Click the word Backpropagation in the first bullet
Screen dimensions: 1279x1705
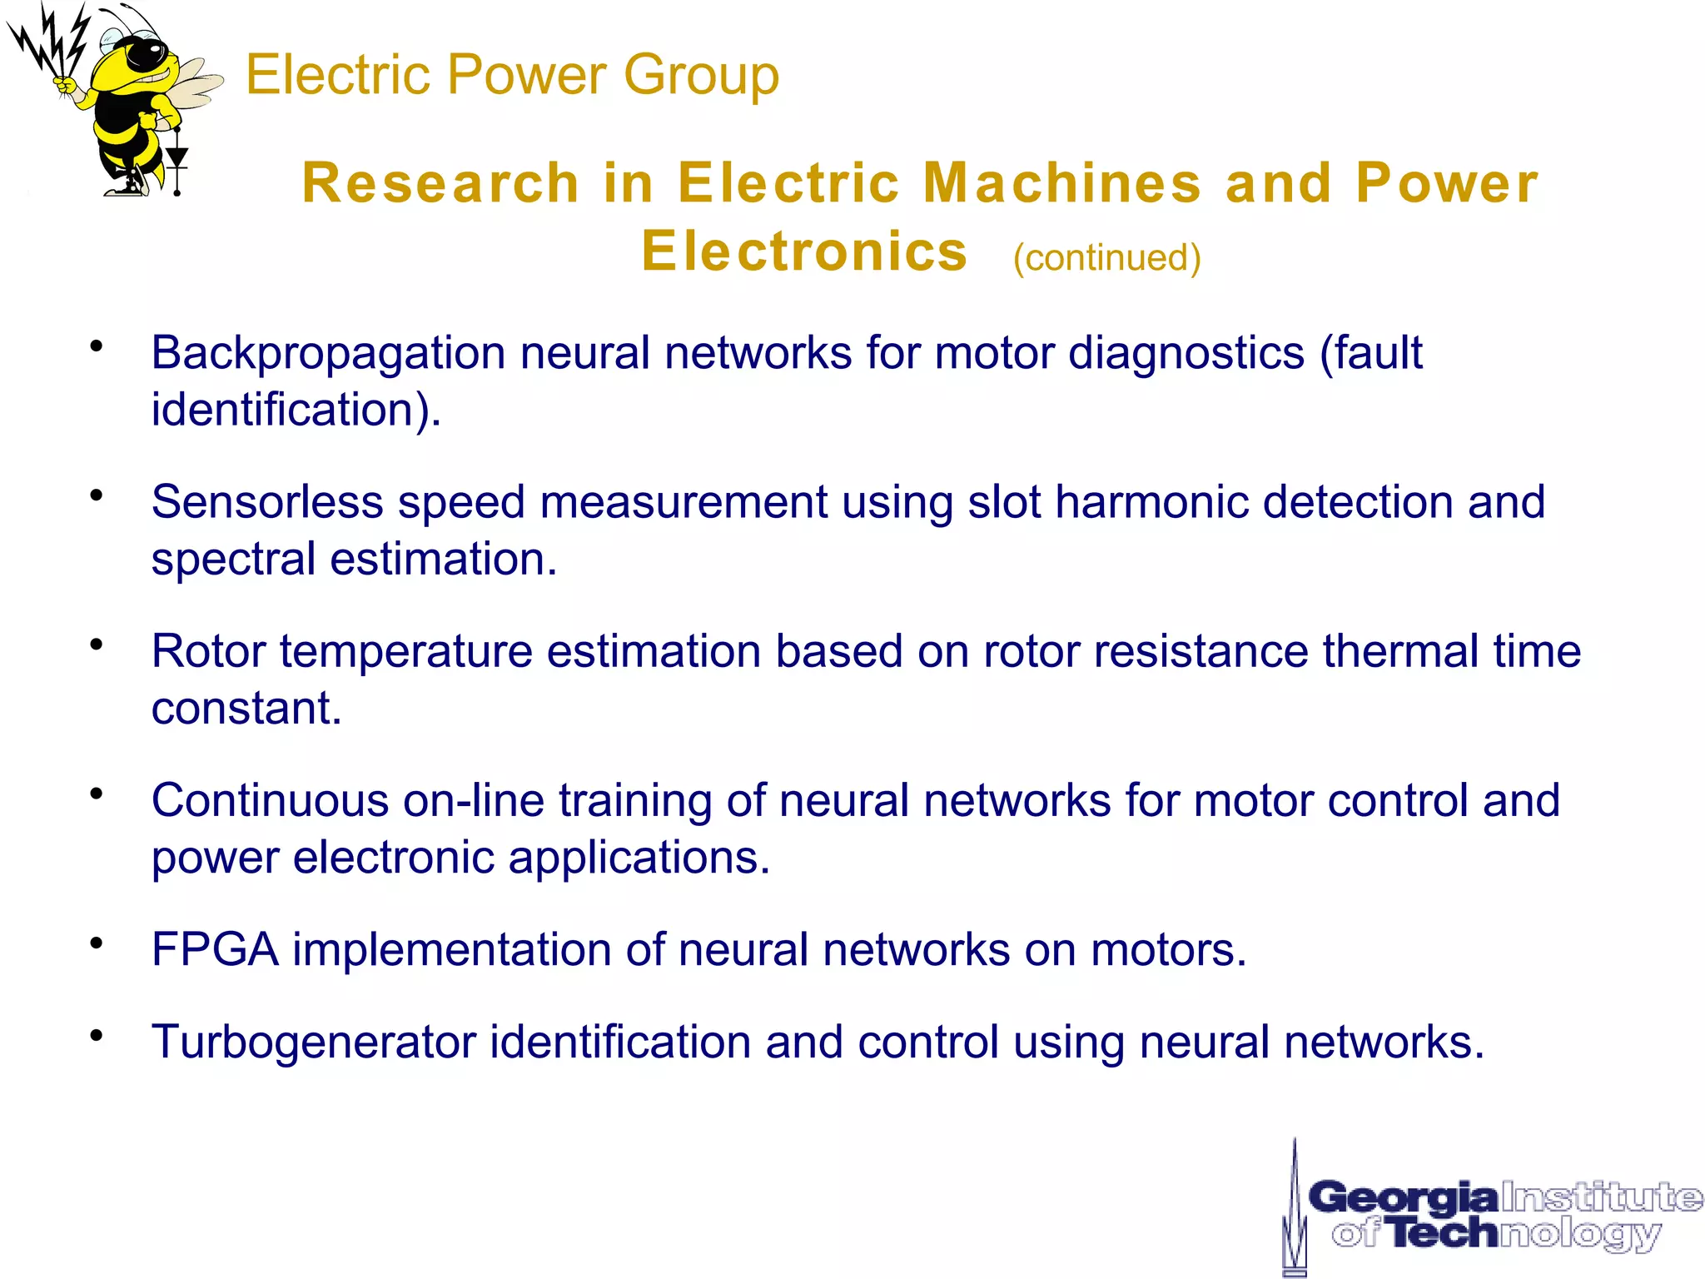(x=328, y=353)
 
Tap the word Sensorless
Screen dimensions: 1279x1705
(x=267, y=502)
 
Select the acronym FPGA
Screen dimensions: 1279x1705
(x=215, y=949)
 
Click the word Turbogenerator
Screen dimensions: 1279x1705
(x=313, y=1042)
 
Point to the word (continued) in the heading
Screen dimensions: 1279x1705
(x=1106, y=257)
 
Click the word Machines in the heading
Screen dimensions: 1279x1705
(x=1062, y=183)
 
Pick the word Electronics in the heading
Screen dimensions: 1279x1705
(x=804, y=251)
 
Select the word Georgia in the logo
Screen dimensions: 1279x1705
(x=1403, y=1198)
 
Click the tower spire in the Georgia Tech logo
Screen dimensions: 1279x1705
(x=1294, y=1199)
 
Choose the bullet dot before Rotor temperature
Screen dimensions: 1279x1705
(x=97, y=644)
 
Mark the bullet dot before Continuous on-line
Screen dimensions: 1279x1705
(x=97, y=793)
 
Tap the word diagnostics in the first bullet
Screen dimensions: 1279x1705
(x=1186, y=353)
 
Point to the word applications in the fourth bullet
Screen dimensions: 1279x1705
(x=639, y=858)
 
